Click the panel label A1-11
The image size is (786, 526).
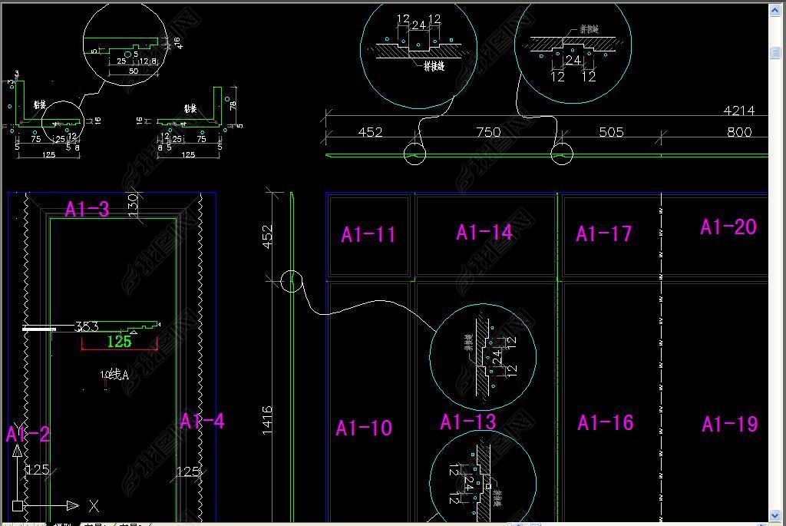(x=368, y=235)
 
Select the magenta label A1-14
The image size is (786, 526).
(x=484, y=233)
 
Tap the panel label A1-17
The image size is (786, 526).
(x=603, y=233)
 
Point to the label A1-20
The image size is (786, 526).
(x=728, y=227)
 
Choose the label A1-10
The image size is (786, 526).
(x=364, y=428)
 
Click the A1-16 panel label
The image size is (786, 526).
(x=605, y=422)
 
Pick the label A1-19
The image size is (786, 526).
(x=729, y=424)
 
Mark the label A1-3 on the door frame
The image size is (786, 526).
(x=87, y=209)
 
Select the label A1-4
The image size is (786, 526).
(x=202, y=421)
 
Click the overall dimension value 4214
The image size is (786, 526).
(x=738, y=111)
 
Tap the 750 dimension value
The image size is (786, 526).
(x=488, y=132)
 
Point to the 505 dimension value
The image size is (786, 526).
(x=611, y=132)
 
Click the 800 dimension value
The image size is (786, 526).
(x=738, y=132)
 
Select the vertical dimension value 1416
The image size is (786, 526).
(x=268, y=421)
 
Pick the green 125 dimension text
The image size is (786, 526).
(x=119, y=342)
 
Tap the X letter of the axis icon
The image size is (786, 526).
(x=94, y=506)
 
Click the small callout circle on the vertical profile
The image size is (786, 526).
(x=291, y=281)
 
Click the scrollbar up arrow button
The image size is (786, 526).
(x=775, y=11)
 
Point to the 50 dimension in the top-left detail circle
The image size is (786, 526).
(x=133, y=71)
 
